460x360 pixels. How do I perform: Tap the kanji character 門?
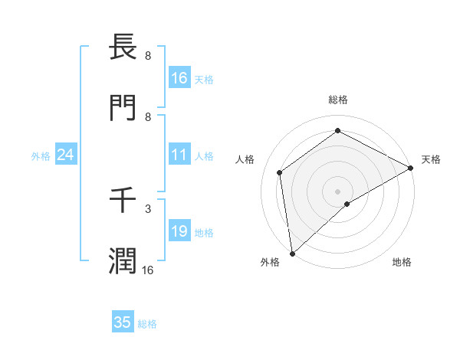pyautogui.click(x=123, y=109)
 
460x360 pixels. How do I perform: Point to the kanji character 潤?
pyautogui.click(x=123, y=261)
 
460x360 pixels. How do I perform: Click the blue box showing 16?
pyautogui.click(x=179, y=78)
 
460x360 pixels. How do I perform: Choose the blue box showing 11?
pyautogui.click(x=179, y=155)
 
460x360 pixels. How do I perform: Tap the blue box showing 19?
pyautogui.click(x=179, y=232)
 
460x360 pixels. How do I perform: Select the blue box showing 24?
pyautogui.click(x=66, y=155)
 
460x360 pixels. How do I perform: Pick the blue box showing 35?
pyautogui.click(x=123, y=322)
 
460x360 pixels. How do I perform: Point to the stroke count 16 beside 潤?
pyautogui.click(x=147, y=270)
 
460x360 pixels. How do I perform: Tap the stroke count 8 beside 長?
pyautogui.click(x=147, y=55)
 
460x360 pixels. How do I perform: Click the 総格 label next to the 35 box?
pyautogui.click(x=147, y=324)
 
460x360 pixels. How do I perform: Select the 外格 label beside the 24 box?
pyautogui.click(x=41, y=156)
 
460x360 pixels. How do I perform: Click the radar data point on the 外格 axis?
pyautogui.click(x=292, y=253)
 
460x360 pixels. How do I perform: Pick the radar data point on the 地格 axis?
pyautogui.click(x=347, y=204)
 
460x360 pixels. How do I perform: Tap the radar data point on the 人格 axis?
pyautogui.click(x=280, y=172)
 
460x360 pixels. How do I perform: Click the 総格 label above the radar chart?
pyautogui.click(x=338, y=100)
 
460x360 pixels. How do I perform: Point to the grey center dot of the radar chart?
pyautogui.click(x=338, y=191)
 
